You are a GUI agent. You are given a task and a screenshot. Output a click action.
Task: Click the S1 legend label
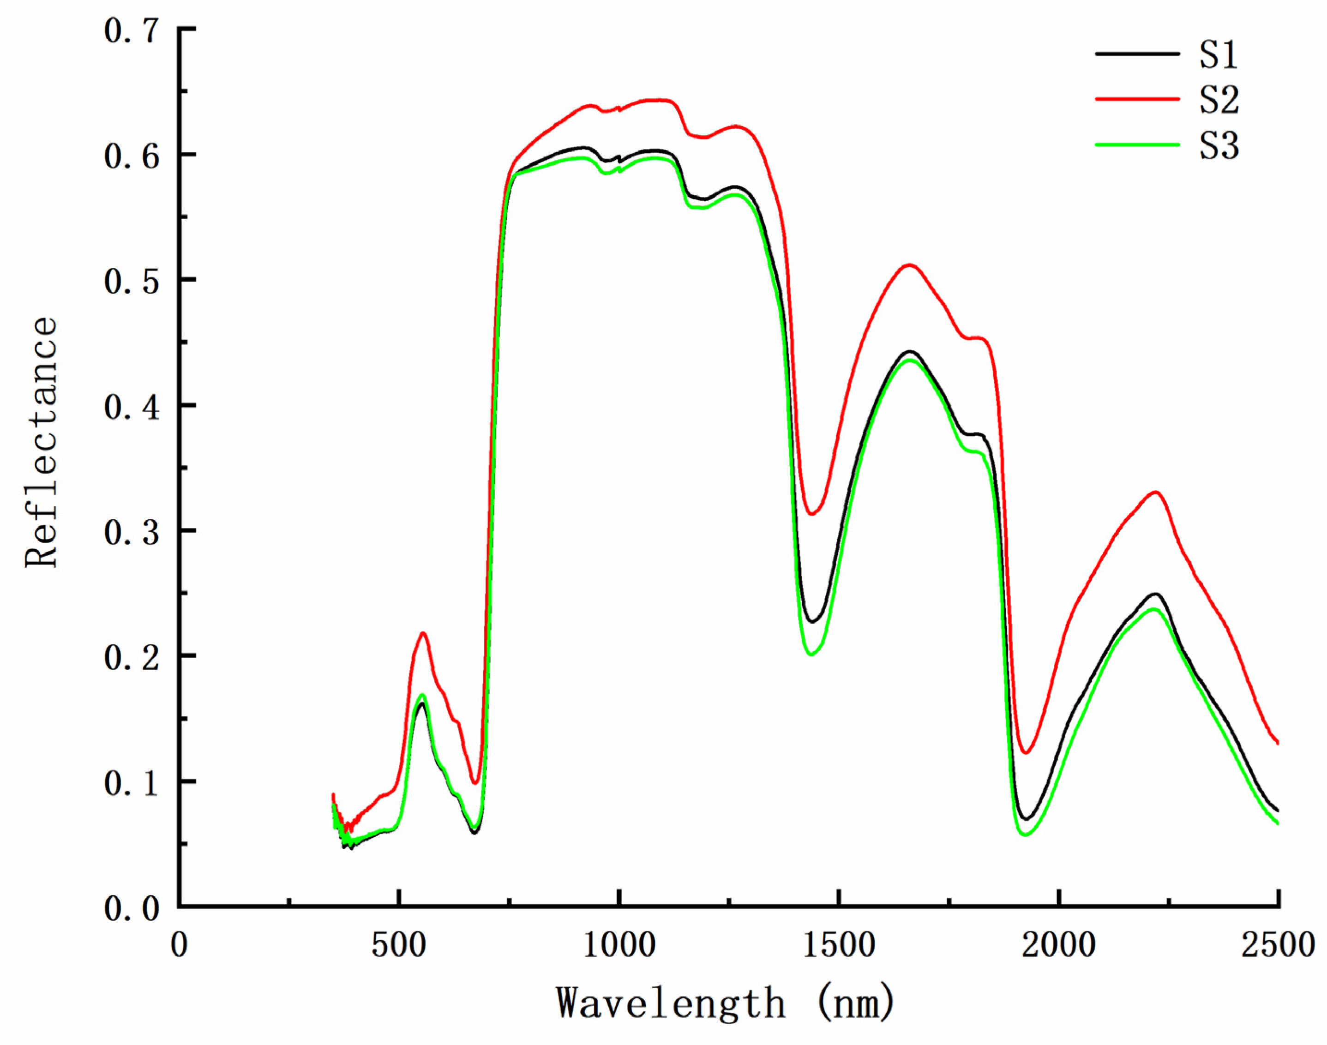coord(1218,55)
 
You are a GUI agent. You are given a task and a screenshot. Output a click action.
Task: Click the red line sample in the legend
coord(1137,98)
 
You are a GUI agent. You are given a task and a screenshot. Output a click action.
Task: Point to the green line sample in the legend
coord(1137,144)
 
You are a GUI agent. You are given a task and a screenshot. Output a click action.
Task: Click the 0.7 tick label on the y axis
coord(132,30)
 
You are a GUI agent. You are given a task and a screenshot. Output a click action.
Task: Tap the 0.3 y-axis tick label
coord(132,531)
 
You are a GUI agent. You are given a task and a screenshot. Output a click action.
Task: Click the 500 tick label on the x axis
coord(398,945)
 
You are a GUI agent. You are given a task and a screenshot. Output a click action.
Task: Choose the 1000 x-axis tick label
coord(619,945)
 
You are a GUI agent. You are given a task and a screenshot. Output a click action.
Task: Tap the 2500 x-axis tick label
coord(1278,945)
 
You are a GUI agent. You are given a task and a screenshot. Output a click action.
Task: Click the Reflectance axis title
coord(42,442)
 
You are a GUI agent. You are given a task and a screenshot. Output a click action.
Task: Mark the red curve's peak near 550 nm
coord(422,633)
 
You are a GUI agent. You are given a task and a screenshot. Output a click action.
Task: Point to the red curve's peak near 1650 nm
coord(910,265)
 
